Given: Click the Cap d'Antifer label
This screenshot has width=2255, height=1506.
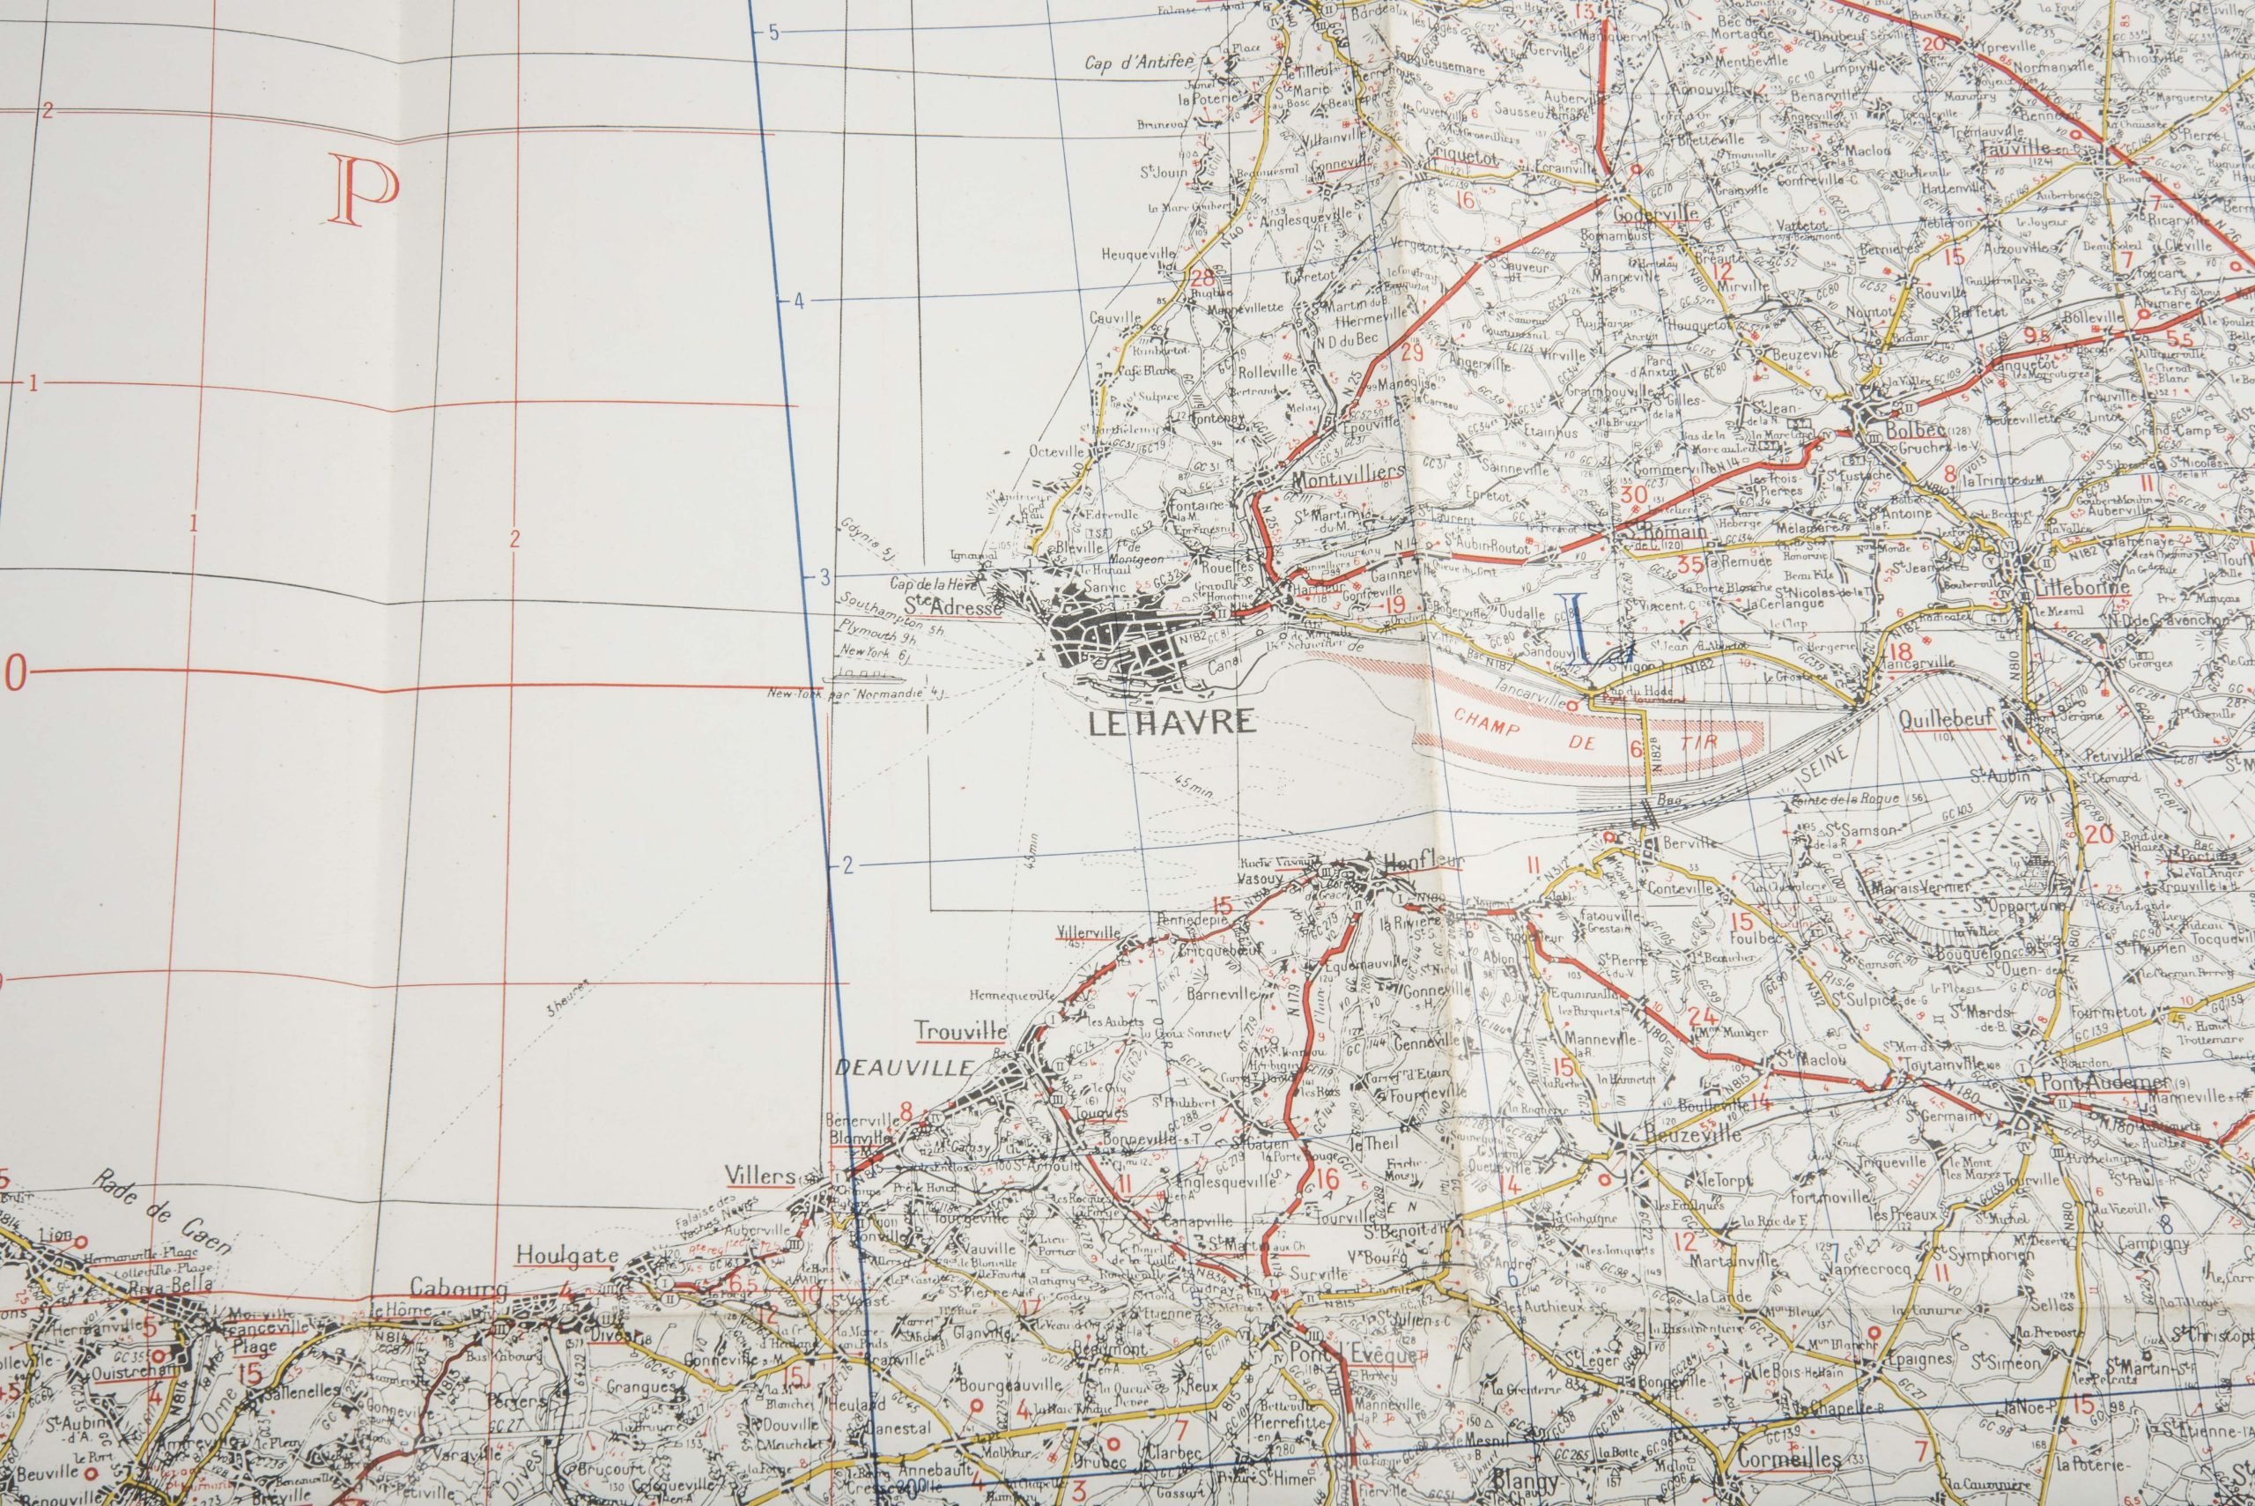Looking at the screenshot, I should tap(1139, 63).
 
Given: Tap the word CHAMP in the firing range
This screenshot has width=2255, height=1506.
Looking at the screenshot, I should tap(1487, 719).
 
